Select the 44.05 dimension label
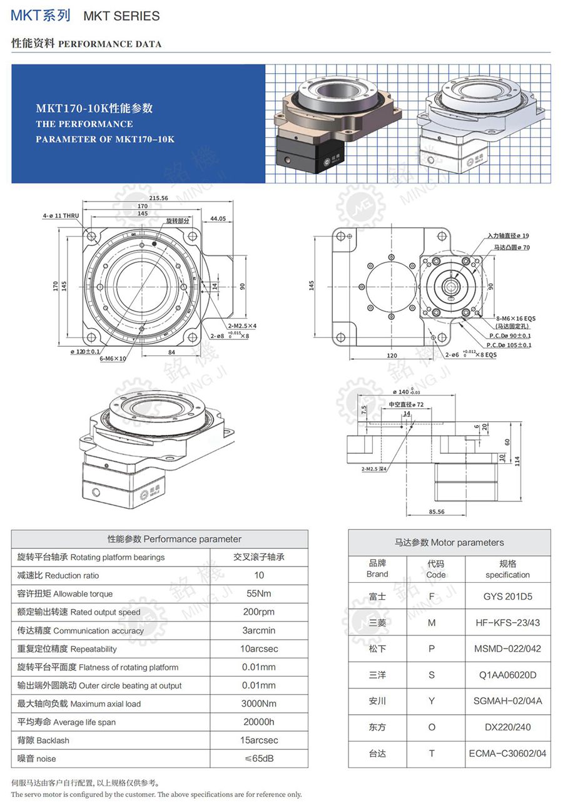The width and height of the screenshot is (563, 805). [x=218, y=218]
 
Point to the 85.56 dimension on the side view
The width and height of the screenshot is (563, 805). [x=437, y=511]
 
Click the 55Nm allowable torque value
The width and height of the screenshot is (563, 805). [x=259, y=593]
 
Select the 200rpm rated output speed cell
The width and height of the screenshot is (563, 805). [x=259, y=612]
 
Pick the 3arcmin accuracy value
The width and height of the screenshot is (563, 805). [x=259, y=630]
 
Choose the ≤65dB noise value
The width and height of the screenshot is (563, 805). [x=259, y=759]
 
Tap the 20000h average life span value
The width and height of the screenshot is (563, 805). [x=259, y=722]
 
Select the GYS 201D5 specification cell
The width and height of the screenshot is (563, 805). [x=507, y=597]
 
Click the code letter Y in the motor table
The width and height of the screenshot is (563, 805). [x=432, y=701]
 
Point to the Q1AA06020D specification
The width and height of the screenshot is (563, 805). [x=507, y=675]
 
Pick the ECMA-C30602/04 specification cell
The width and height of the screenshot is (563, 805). [x=507, y=754]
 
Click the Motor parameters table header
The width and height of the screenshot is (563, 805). [x=449, y=543]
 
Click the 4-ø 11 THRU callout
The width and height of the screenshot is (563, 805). [x=61, y=216]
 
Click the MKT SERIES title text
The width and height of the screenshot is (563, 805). [x=121, y=16]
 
